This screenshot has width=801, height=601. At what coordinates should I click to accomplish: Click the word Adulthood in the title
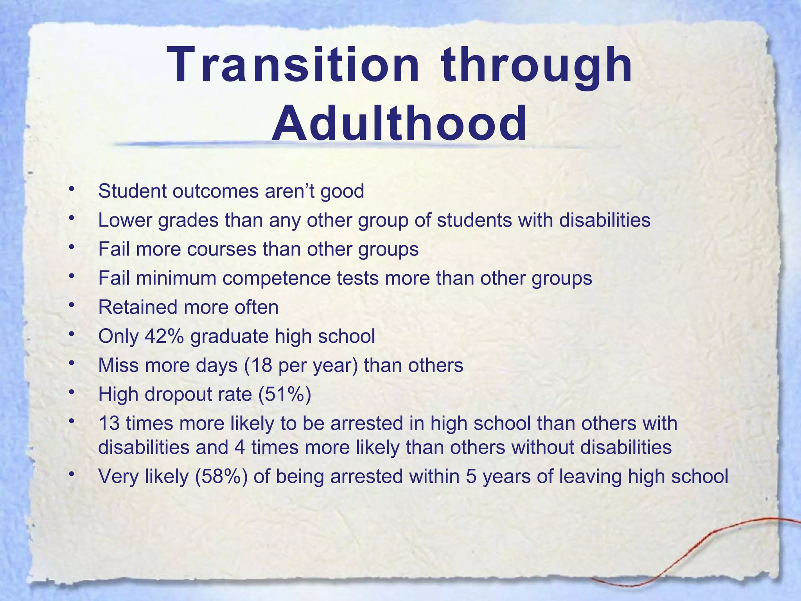pos(399,124)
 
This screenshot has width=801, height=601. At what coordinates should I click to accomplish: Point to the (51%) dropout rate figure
pos(285,394)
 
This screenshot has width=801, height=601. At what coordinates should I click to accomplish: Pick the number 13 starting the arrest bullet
pos(108,423)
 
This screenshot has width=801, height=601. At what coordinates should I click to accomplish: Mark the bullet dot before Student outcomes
pos(71,190)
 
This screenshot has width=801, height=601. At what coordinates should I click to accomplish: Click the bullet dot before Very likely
pos(71,475)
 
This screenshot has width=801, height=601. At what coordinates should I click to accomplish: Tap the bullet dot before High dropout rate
pos(71,392)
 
